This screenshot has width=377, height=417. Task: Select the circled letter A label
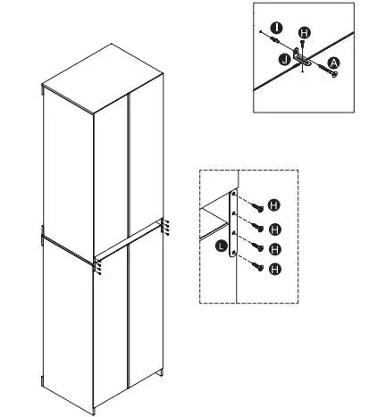pos(334,63)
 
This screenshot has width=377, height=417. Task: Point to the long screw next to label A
pos(322,70)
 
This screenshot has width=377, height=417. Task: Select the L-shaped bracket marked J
pos(302,62)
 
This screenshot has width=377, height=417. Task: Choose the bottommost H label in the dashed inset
pos(275,268)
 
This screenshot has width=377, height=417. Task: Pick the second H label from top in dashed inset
pos(275,228)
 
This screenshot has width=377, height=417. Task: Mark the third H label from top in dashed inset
pos(275,247)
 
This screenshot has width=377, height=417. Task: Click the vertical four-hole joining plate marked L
pos(233,223)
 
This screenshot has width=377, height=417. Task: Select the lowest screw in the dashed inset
pos(256,265)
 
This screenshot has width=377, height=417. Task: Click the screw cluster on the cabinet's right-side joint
pos(166,227)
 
